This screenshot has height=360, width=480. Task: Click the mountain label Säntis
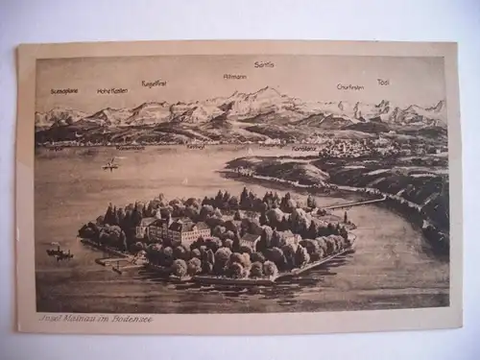coord(264,64)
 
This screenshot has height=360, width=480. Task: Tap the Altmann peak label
coord(234,76)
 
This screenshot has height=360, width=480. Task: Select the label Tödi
coord(384,82)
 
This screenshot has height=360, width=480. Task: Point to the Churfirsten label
coord(349,86)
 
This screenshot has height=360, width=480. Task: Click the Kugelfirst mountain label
coord(154,84)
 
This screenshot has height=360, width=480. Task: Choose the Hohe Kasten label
coord(112,90)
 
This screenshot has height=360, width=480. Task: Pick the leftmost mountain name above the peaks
coord(64,90)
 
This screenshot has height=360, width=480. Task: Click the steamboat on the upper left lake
coord(110,165)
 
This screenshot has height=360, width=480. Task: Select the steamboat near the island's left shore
coord(60,252)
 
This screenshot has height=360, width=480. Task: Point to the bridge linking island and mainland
coord(355,203)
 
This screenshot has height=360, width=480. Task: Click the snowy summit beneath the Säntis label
coord(263,92)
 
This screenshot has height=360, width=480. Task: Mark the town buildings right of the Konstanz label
coord(355,147)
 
